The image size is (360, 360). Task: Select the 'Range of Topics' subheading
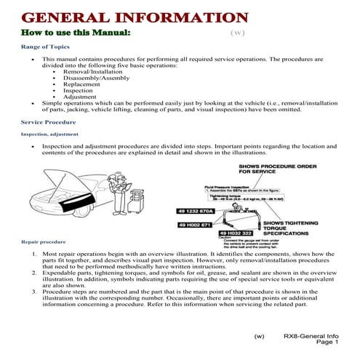(46, 47)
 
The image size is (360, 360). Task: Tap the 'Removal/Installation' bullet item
(92, 73)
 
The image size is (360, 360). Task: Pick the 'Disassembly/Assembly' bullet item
(94, 79)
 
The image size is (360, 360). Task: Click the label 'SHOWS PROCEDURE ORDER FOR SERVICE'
(277, 169)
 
